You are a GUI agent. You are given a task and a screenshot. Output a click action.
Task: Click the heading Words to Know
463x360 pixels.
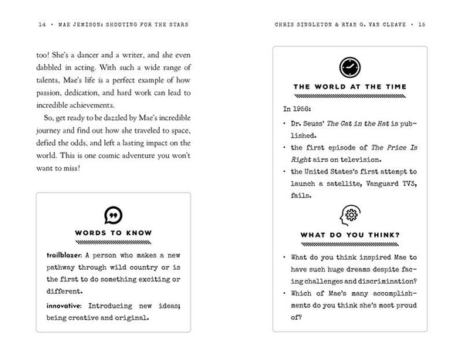coord(113,234)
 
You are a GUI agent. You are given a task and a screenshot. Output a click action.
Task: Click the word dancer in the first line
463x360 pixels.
coord(98,56)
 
